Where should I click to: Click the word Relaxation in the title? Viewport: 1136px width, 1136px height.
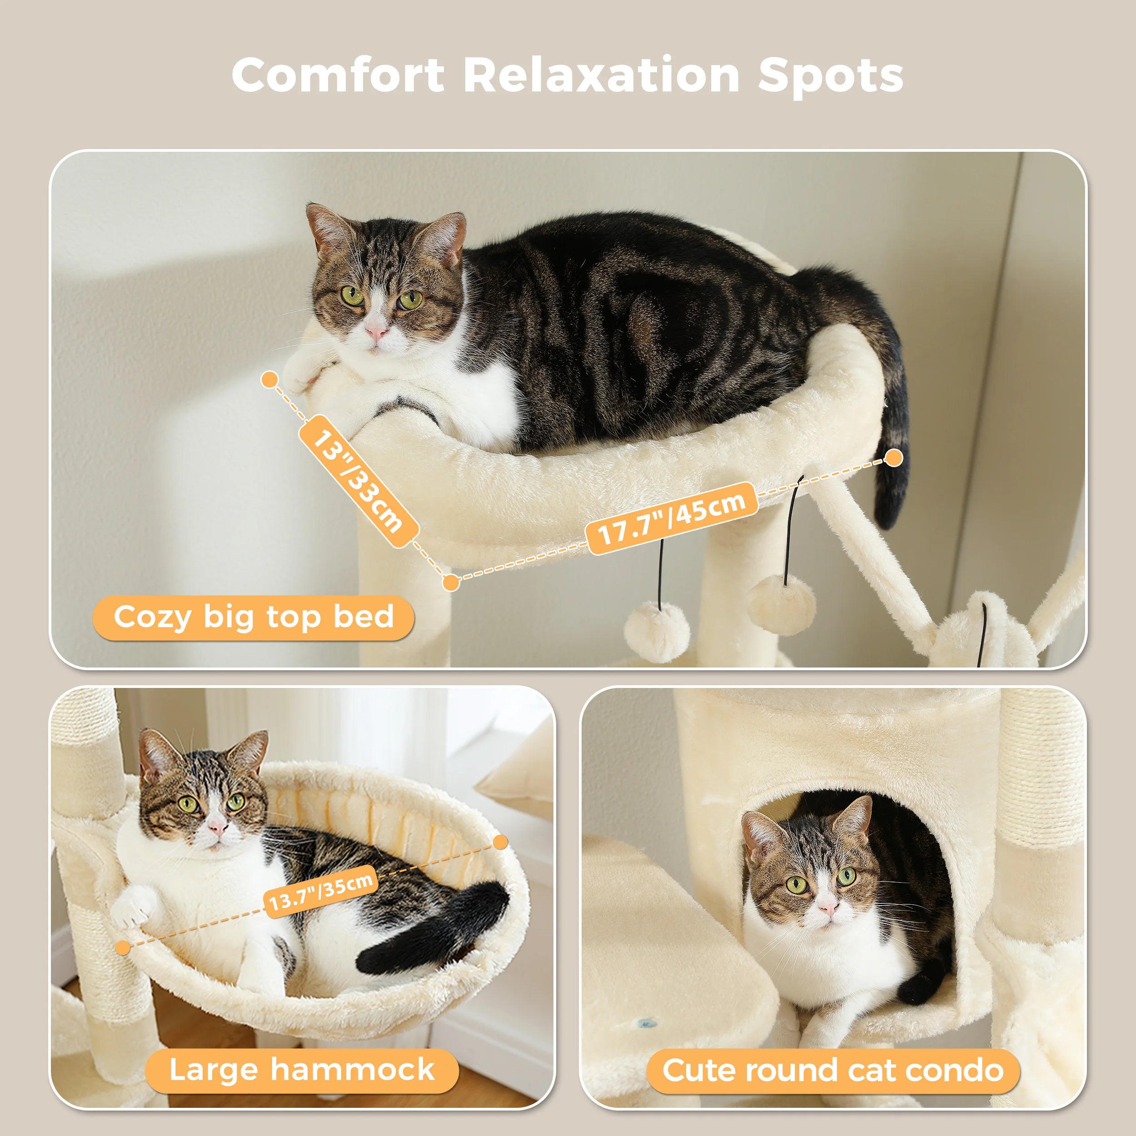point(601,75)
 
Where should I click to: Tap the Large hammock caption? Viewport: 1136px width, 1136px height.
point(302,1068)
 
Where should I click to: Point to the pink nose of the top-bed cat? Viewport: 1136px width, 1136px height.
point(376,334)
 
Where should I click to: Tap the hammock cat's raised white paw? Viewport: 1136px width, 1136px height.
point(134,904)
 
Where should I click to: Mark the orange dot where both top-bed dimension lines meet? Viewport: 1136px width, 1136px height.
point(450,582)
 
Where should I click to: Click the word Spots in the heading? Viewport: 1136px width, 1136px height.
point(830,75)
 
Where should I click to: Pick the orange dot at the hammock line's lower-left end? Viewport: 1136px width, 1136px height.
point(123,947)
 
